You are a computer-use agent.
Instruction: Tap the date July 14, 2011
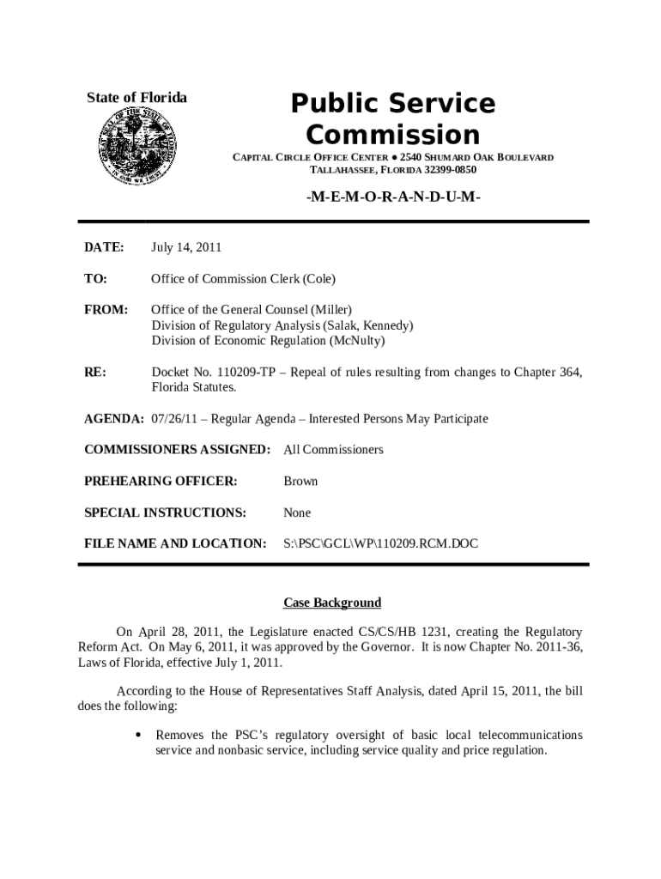[186, 247]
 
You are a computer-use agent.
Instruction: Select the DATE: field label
[104, 247]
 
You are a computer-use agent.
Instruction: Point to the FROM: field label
[106, 309]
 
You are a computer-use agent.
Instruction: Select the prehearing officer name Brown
[300, 481]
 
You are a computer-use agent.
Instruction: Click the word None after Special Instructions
[297, 512]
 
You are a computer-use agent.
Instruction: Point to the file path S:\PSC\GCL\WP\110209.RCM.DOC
[380, 543]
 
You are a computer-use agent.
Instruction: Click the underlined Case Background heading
[333, 603]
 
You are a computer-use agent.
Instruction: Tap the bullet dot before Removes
[138, 736]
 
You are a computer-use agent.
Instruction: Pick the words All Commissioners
[333, 450]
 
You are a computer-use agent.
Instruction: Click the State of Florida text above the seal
[137, 98]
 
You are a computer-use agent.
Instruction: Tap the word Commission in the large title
[393, 135]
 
